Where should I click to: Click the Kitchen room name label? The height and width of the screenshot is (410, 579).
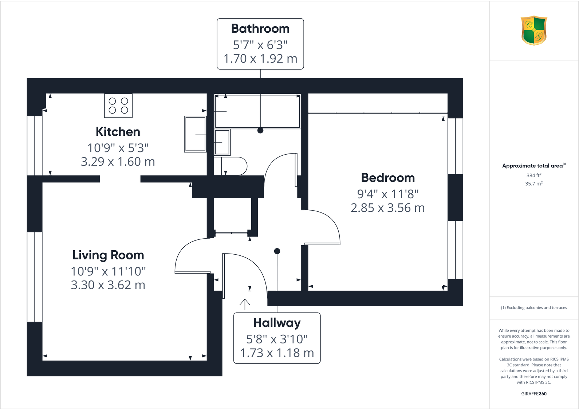pyautogui.click(x=118, y=132)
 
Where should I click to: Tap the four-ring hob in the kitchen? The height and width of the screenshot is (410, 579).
pyautogui.click(x=118, y=106)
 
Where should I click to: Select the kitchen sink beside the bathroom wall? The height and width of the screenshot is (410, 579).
pyautogui.click(x=195, y=134)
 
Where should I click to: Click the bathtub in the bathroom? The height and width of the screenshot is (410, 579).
pyautogui.click(x=257, y=111)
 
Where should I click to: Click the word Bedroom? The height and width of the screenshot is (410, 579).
pyautogui.click(x=388, y=178)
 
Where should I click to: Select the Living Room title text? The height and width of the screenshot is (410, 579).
pyautogui.click(x=108, y=255)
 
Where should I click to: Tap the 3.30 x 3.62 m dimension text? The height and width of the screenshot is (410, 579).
pyautogui.click(x=108, y=285)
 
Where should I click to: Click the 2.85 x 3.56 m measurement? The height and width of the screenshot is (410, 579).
pyautogui.click(x=388, y=208)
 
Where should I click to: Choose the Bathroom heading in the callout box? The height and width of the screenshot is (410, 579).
pyautogui.click(x=260, y=29)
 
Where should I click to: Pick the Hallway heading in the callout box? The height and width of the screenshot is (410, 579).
pyautogui.click(x=277, y=323)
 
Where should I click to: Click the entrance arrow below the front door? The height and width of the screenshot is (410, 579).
pyautogui.click(x=245, y=304)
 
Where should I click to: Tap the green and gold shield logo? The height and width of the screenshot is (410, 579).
pyautogui.click(x=534, y=30)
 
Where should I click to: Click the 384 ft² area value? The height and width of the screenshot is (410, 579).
pyautogui.click(x=534, y=175)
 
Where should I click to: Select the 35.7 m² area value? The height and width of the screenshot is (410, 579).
pyautogui.click(x=534, y=184)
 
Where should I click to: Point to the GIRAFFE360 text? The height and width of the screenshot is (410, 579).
pyautogui.click(x=534, y=394)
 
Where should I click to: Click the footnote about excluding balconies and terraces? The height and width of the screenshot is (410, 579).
pyautogui.click(x=534, y=308)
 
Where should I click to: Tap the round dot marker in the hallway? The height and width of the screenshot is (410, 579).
pyautogui.click(x=277, y=251)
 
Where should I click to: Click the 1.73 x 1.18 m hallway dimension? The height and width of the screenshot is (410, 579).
pyautogui.click(x=277, y=353)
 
